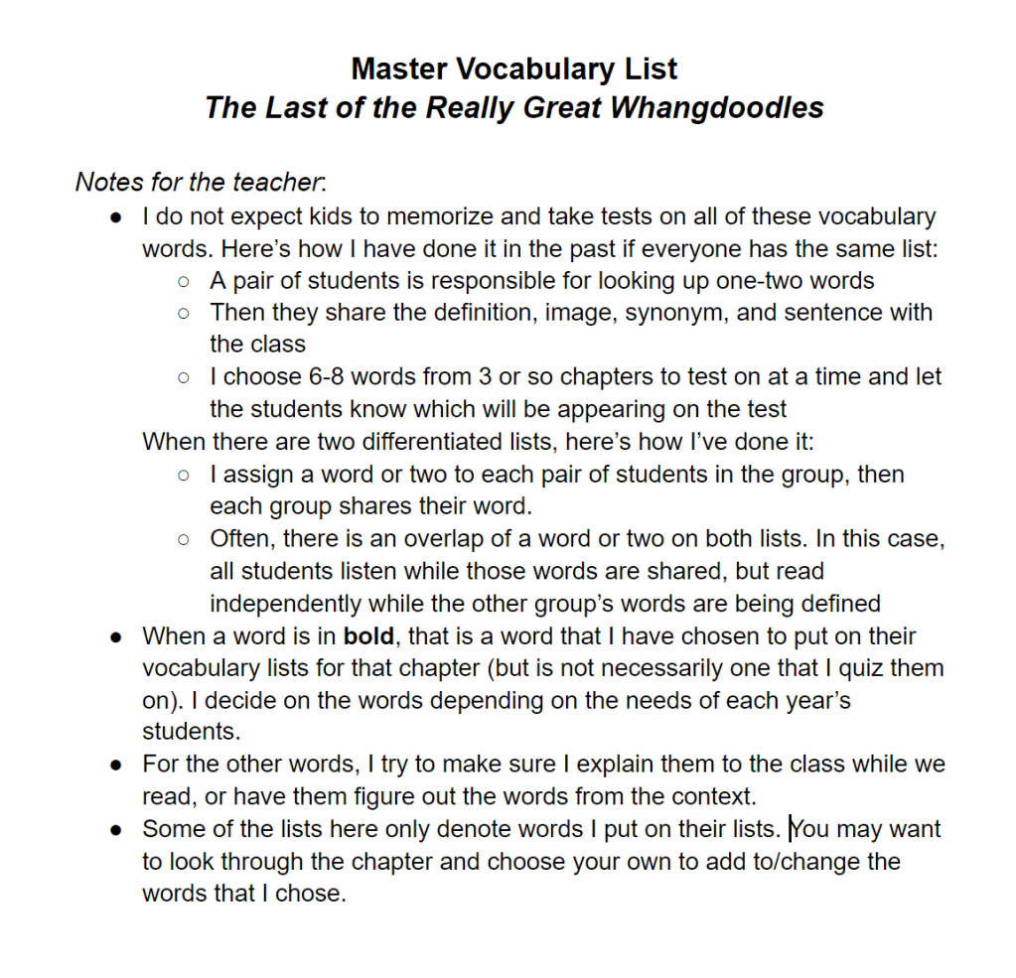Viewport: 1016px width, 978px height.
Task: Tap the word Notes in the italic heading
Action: point(109,182)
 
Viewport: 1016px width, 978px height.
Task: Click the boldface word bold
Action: point(368,636)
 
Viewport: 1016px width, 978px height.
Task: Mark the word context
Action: point(709,796)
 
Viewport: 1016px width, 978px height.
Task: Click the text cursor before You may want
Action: point(791,829)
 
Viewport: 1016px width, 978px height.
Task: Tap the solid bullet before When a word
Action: point(116,636)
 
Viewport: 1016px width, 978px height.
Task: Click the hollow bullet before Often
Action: point(183,539)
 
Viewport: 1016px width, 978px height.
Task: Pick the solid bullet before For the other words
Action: point(116,765)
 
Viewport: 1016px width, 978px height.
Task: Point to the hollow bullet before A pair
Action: point(183,281)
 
